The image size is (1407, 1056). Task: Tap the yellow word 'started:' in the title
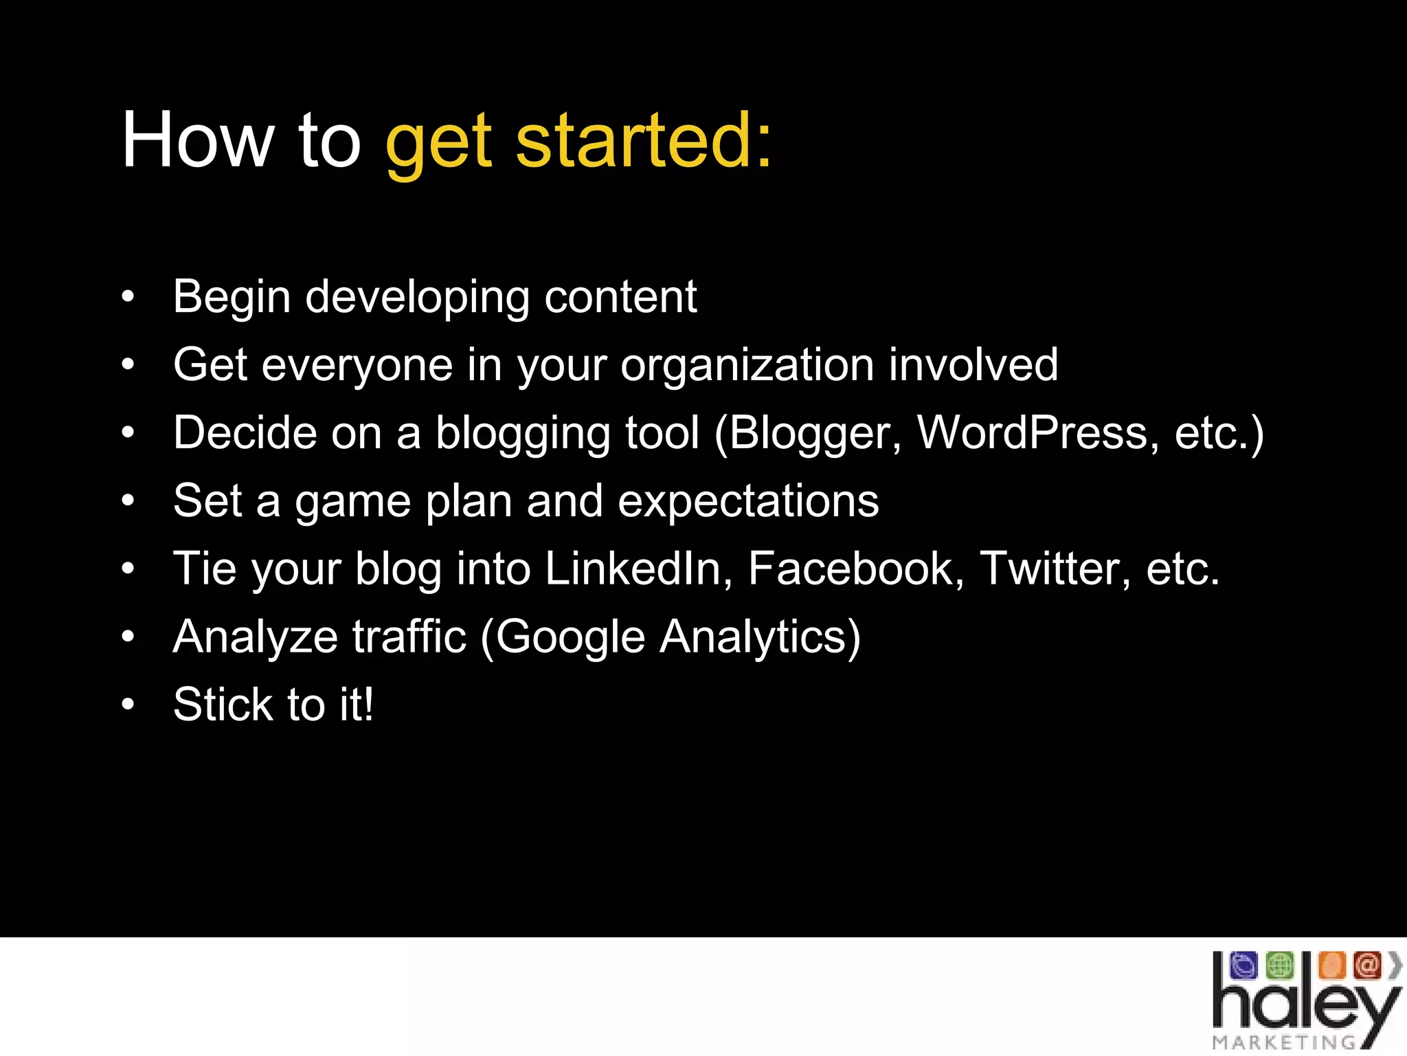tap(644, 141)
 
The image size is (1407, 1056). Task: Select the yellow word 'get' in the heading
tap(438, 144)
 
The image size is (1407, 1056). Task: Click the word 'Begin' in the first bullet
tap(232, 298)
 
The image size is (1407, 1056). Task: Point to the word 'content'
tap(620, 298)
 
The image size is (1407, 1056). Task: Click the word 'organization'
tap(747, 366)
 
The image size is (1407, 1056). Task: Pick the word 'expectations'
tap(748, 502)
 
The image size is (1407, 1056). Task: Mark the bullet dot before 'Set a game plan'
tap(128, 501)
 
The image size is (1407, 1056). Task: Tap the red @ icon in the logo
tap(1366, 965)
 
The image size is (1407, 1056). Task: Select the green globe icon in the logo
tap(1279, 965)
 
